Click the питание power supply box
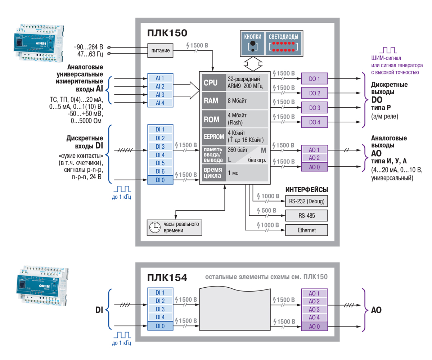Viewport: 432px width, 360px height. (x=161, y=51)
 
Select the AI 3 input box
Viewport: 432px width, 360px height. (x=160, y=95)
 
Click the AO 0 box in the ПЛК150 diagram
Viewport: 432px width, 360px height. (x=314, y=166)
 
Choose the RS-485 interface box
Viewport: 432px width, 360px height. (x=306, y=216)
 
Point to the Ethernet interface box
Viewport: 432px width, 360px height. (x=306, y=230)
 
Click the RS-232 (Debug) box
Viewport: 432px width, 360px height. (x=306, y=202)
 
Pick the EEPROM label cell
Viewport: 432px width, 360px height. (x=213, y=137)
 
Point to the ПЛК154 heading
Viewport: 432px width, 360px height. (x=167, y=278)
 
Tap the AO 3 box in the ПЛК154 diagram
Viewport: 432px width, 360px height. (x=314, y=309)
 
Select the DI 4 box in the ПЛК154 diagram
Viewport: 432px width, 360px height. (x=160, y=317)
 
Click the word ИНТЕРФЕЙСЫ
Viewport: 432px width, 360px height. (x=307, y=190)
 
